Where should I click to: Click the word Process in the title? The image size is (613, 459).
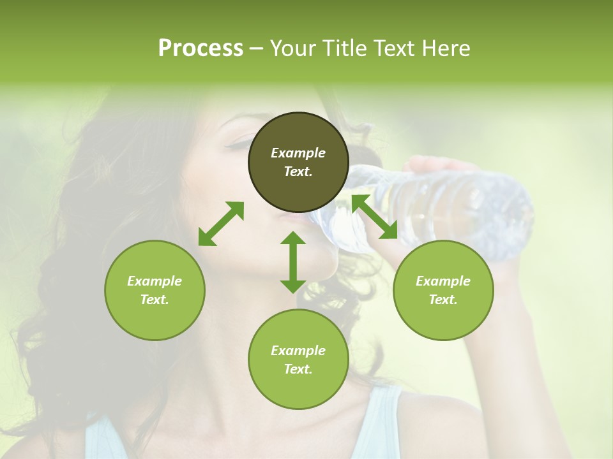(201, 48)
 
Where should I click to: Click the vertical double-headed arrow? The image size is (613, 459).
(293, 262)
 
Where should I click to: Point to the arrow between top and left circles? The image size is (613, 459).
(221, 224)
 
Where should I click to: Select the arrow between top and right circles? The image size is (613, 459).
(374, 217)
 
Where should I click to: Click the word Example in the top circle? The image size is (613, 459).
(298, 153)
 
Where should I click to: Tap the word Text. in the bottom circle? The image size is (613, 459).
(298, 369)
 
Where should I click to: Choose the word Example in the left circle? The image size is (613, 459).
(155, 281)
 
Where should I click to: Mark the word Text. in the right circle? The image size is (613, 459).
(443, 300)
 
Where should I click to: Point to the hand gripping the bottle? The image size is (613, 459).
(441, 167)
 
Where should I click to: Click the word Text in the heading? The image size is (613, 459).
(393, 48)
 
